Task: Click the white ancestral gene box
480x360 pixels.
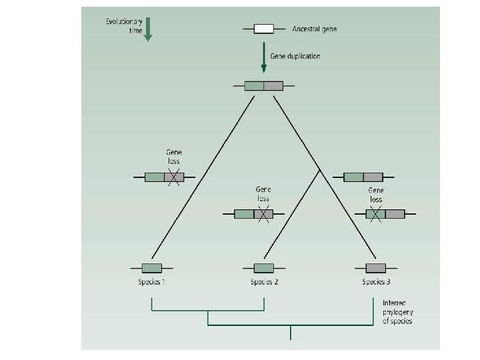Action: (x=264, y=29)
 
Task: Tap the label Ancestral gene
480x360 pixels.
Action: (x=315, y=29)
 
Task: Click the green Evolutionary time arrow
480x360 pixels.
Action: (x=148, y=29)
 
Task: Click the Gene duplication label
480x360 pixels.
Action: (x=295, y=56)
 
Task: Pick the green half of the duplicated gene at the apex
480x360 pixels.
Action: (x=254, y=85)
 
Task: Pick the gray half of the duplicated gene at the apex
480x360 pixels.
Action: (x=273, y=85)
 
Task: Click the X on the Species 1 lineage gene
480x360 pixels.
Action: (x=174, y=177)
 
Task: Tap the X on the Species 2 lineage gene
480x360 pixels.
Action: (x=263, y=214)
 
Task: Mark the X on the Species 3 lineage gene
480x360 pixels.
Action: (x=375, y=214)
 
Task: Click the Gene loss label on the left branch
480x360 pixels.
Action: (x=173, y=157)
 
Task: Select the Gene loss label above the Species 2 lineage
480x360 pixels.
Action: (x=263, y=193)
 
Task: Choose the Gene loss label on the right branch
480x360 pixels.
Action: (x=376, y=195)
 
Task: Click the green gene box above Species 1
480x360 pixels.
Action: (x=152, y=268)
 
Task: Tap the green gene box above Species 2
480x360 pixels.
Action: (x=264, y=268)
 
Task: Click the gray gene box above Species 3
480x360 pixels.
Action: (x=375, y=268)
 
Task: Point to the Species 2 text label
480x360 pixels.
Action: (x=264, y=282)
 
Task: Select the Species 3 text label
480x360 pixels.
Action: (x=376, y=282)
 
